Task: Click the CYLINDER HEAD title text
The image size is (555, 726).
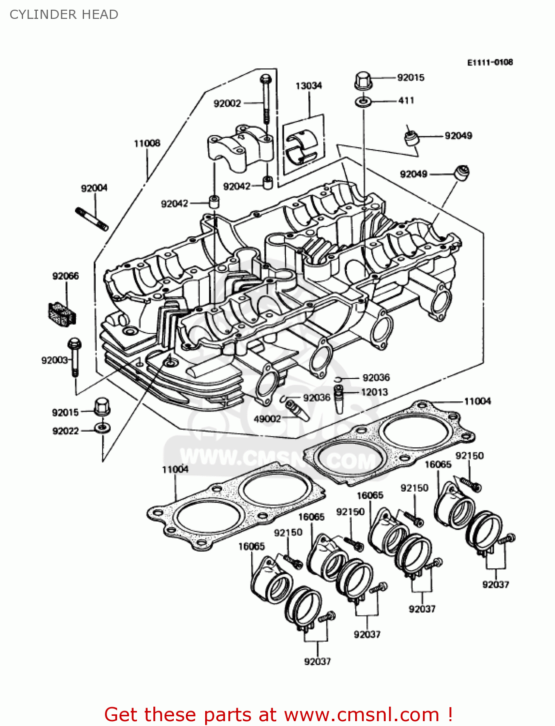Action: point(64,15)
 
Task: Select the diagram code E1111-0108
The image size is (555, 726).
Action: point(490,62)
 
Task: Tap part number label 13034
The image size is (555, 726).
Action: point(308,86)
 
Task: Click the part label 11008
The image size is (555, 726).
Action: point(147,143)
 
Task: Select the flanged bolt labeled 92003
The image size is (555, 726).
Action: point(75,356)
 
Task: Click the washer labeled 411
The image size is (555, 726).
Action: point(363,102)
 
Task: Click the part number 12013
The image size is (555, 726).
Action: point(374,392)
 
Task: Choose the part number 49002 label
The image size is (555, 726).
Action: point(267,419)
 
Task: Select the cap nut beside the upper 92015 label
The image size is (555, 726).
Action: point(362,81)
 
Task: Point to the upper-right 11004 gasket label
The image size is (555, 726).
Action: point(477,401)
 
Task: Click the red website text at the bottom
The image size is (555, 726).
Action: point(278,714)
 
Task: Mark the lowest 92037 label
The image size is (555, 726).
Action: point(317,661)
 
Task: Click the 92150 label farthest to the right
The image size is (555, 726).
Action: point(469,455)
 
